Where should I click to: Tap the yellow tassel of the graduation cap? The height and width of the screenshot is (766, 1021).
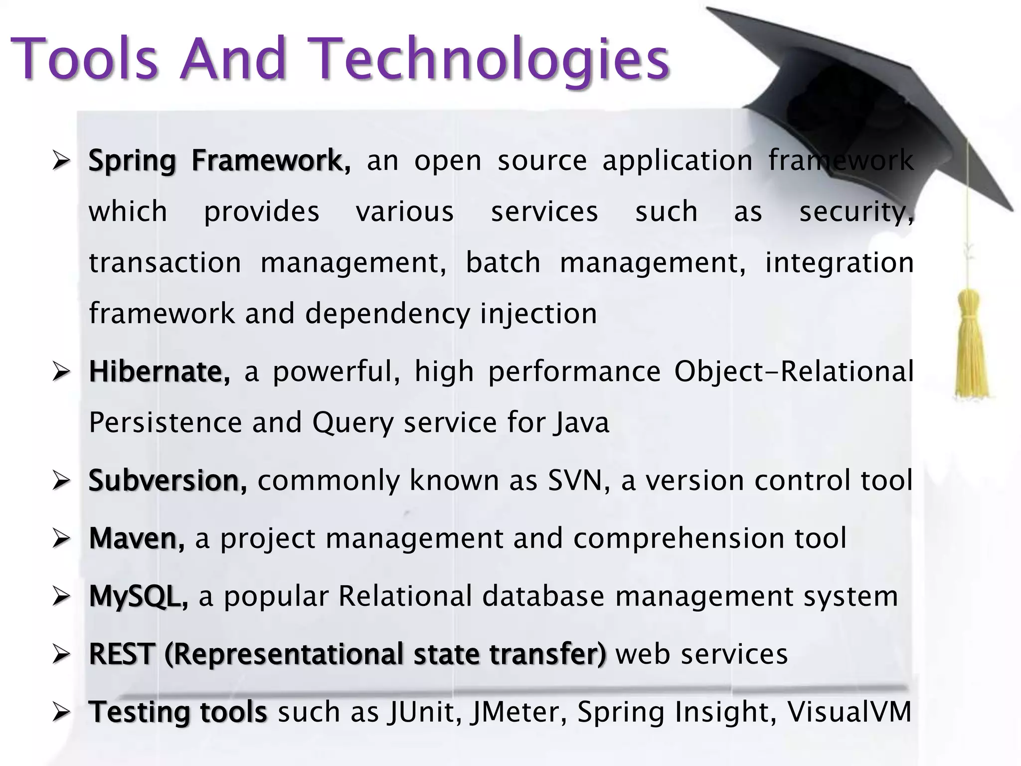click(x=971, y=344)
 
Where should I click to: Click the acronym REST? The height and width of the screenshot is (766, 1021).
click(x=120, y=654)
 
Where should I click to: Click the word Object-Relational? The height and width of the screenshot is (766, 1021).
click(x=794, y=372)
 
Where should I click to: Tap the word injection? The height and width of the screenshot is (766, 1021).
click(x=538, y=314)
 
